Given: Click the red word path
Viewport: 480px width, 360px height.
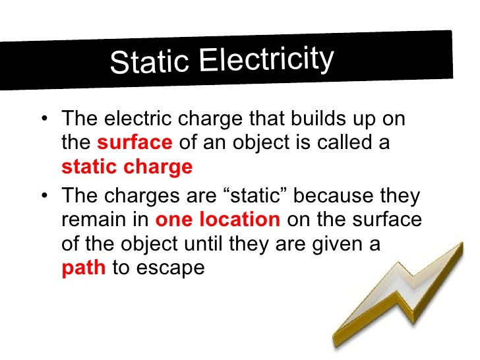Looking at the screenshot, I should coord(83,269).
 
